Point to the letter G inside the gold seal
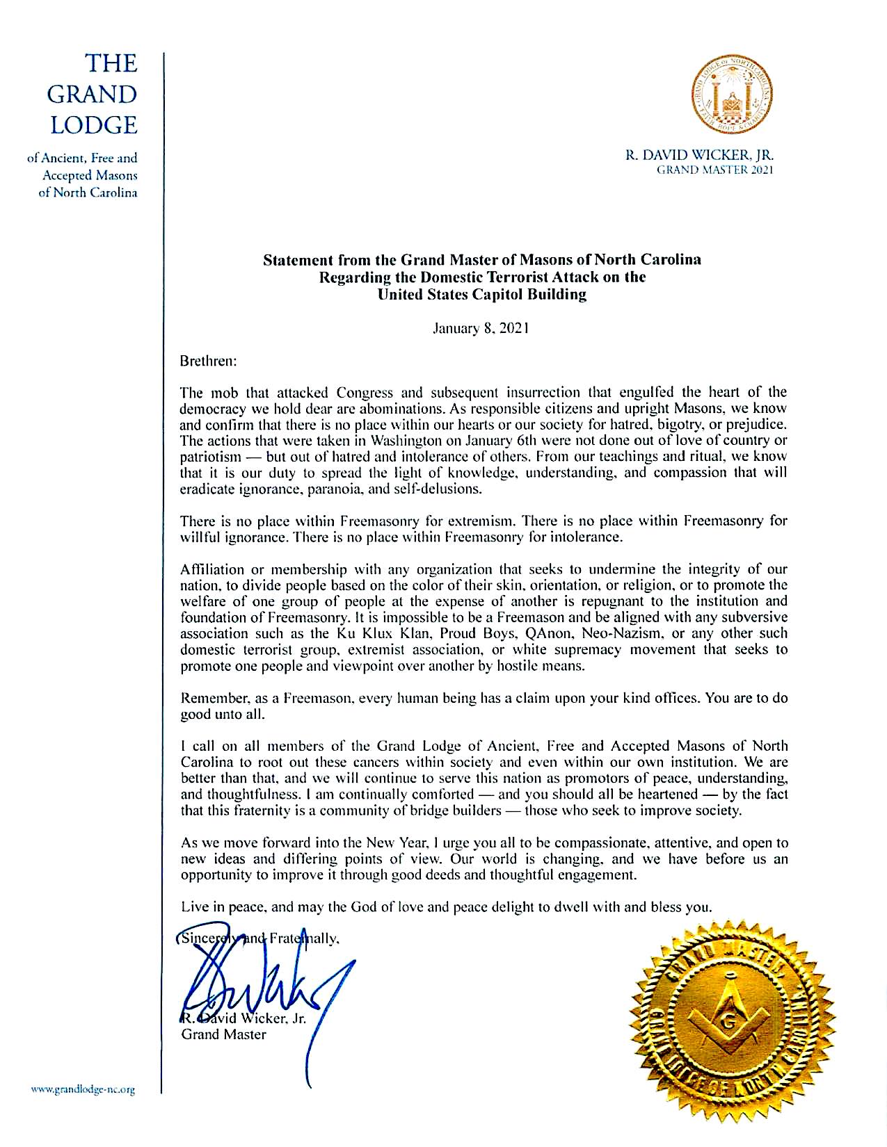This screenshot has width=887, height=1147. point(728,1023)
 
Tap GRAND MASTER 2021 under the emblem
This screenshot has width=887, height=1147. point(715,169)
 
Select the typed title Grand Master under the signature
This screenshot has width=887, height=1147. point(223,1034)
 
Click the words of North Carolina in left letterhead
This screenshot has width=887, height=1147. point(88,193)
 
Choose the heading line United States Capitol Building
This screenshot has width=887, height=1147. point(481,294)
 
